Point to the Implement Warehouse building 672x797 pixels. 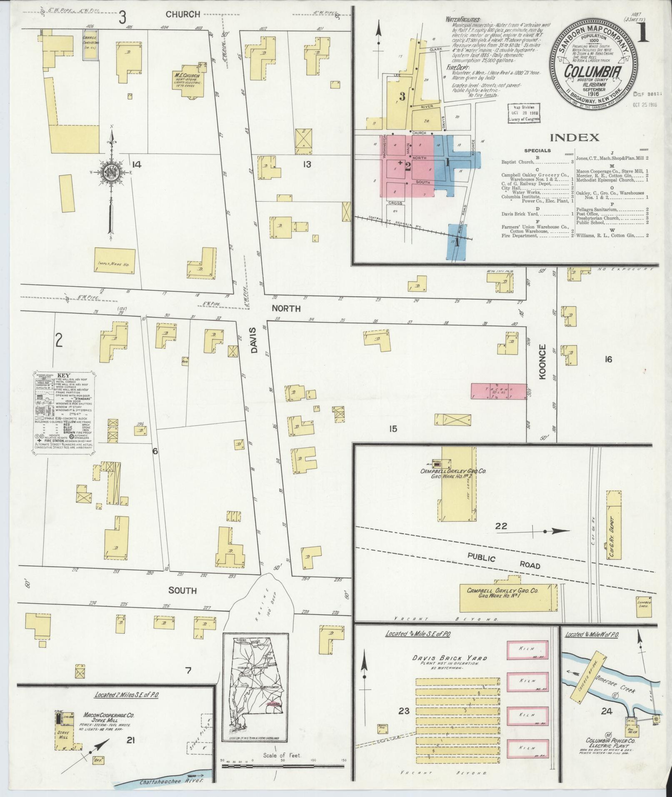pos(115,261)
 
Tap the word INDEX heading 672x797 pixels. pos(575,137)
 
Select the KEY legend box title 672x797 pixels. pos(63,375)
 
